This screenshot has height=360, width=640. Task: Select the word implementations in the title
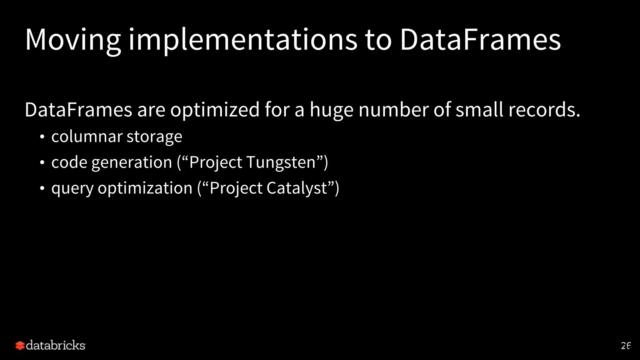tap(242, 40)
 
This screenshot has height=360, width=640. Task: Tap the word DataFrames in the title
tap(480, 40)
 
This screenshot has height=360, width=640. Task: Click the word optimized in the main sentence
tap(215, 110)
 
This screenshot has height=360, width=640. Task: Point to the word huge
tap(331, 110)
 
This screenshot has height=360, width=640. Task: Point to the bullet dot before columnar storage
tap(42, 137)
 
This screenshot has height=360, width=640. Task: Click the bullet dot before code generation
tap(42, 163)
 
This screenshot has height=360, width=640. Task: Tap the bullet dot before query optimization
tap(42, 188)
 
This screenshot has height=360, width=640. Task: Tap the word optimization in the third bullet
tap(145, 188)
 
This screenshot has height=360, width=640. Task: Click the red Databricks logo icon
tap(20, 346)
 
